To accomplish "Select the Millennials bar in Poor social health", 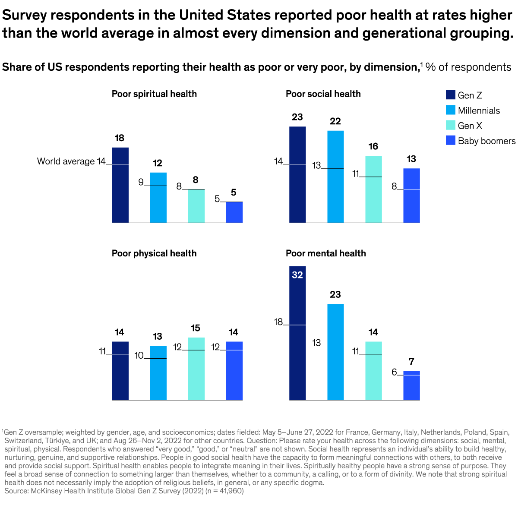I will pyautogui.click(x=335, y=177).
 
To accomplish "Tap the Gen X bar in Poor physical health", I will pyautogui.click(x=196, y=369).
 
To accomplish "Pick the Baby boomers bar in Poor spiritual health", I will pyautogui.click(x=234, y=212).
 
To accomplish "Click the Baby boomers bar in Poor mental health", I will pyautogui.click(x=411, y=386).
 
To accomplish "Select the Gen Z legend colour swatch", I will pyautogui.click(x=451, y=95).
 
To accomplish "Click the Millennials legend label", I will pyautogui.click(x=479, y=110).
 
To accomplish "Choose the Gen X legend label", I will pyautogui.click(x=470, y=126).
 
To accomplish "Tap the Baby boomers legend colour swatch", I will pyautogui.click(x=451, y=141).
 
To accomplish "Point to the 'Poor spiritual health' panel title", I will pyautogui.click(x=154, y=94).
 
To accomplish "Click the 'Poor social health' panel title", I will pyautogui.click(x=323, y=94).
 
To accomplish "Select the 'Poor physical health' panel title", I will pyautogui.click(x=154, y=253).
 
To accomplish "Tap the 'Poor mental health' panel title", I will pyautogui.click(x=325, y=253).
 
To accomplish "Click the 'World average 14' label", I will pyautogui.click(x=71, y=161).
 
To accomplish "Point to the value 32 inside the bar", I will pyautogui.click(x=297, y=275).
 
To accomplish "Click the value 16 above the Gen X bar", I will pyautogui.click(x=373, y=146).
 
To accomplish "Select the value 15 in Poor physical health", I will pyautogui.click(x=196, y=328).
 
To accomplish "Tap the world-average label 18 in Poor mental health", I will pyautogui.click(x=278, y=322).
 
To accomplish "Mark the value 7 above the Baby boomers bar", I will pyautogui.click(x=411, y=362).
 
